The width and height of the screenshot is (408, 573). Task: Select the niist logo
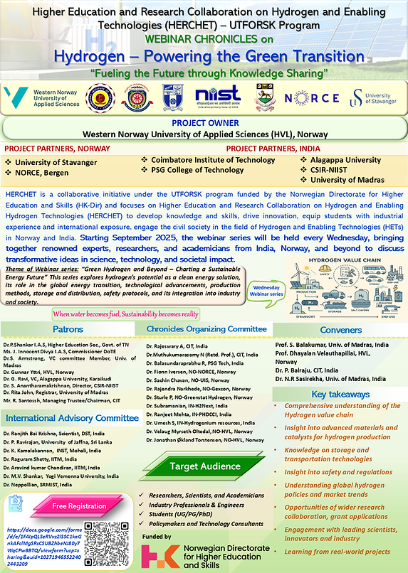point(213,98)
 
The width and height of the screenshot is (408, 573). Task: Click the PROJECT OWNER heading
point(204,122)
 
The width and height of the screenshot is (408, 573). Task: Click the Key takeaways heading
point(340,394)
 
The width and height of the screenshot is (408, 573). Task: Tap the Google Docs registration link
point(47,540)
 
